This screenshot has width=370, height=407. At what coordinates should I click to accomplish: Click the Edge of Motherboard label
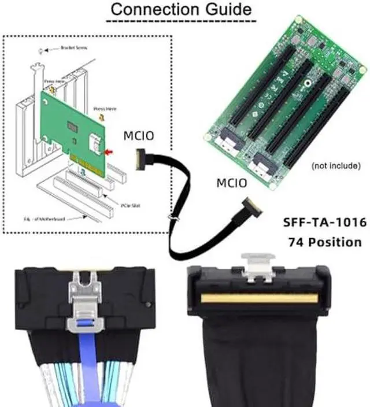click(52, 218)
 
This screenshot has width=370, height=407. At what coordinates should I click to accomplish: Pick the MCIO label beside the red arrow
click(138, 136)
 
